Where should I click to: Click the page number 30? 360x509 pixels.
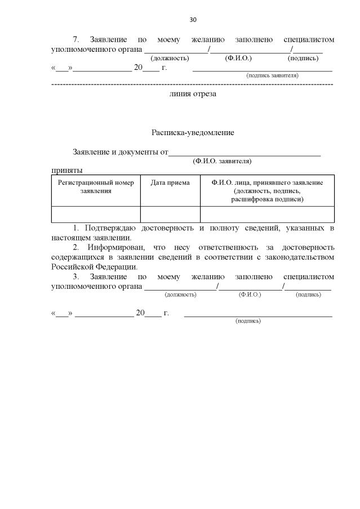(193, 20)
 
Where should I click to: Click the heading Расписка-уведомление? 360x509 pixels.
(192, 133)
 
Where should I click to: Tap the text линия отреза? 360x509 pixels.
(193, 94)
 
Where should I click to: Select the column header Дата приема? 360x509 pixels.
(170, 182)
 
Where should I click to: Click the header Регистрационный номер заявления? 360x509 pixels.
(96, 186)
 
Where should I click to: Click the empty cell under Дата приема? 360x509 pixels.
(170, 215)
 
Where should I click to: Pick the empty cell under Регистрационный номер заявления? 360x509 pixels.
(96, 215)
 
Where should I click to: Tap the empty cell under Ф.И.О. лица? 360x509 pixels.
(267, 215)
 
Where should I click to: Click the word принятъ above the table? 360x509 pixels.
(66, 169)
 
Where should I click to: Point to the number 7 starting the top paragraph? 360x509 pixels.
(75, 39)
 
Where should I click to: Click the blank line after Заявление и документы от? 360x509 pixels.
(245, 152)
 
